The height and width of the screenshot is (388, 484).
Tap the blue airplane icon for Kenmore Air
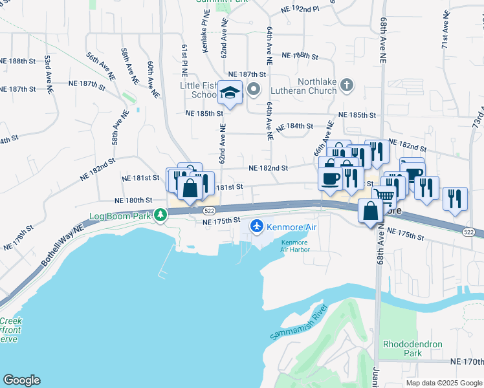[x=258, y=226]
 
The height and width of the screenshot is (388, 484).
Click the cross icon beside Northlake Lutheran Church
[x=347, y=85]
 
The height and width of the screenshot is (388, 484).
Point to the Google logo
[x=21, y=380]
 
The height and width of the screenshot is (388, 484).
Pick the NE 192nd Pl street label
[x=301, y=10]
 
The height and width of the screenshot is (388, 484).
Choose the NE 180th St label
[x=133, y=200]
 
